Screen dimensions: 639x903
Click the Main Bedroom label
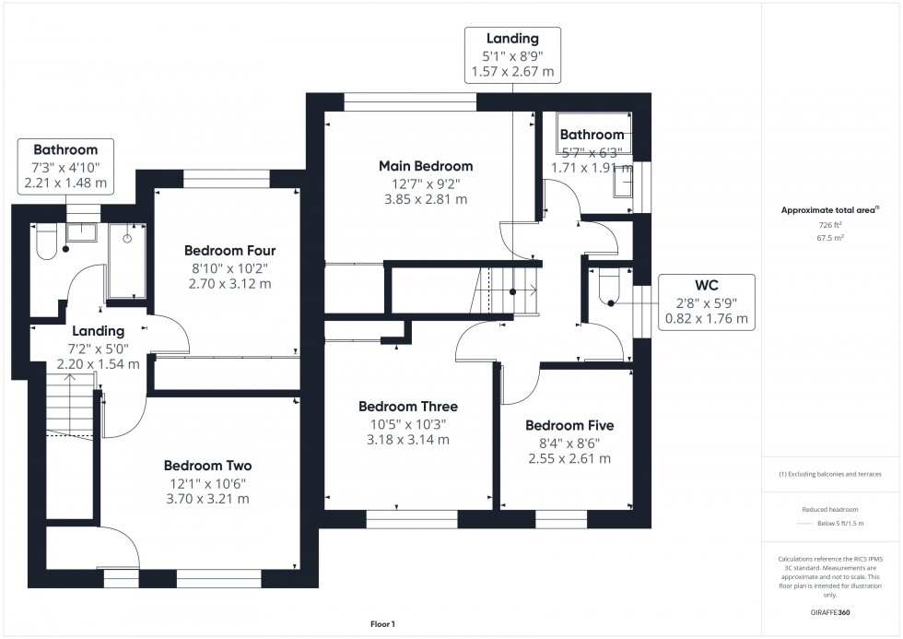tap(426, 166)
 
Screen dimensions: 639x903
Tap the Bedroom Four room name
tap(229, 251)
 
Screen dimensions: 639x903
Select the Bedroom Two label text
tap(207, 466)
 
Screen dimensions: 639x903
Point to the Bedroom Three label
tap(407, 407)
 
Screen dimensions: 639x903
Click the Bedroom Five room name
tap(569, 426)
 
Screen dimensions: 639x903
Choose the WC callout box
tap(706, 302)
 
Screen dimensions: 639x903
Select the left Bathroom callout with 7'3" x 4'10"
tap(65, 166)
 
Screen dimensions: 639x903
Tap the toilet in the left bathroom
tap(46, 243)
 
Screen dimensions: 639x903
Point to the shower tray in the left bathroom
tap(127, 262)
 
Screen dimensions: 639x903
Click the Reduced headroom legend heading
tap(830, 508)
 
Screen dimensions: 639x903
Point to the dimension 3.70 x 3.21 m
tap(207, 499)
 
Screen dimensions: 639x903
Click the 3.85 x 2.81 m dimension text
tap(426, 199)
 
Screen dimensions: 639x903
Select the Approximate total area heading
tap(829, 210)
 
